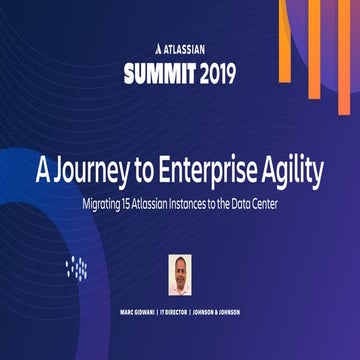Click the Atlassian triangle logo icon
[148, 47]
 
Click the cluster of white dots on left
[77, 266]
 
